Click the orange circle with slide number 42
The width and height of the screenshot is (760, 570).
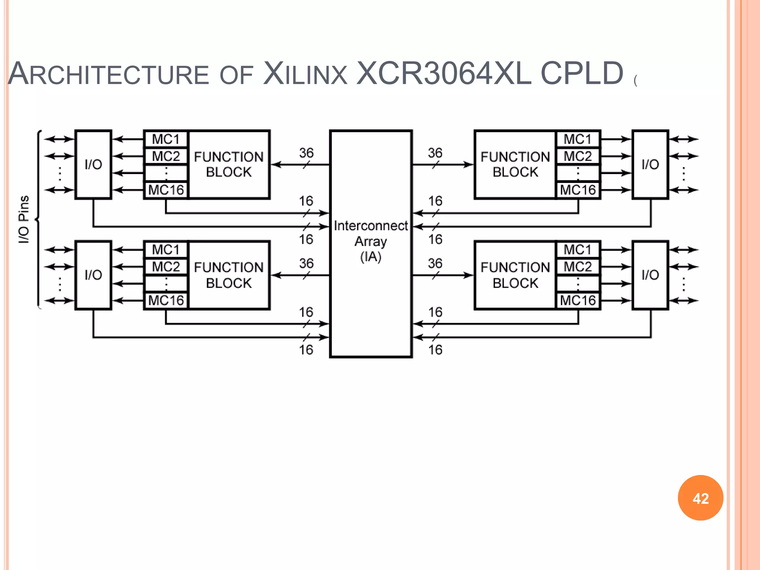[x=700, y=498]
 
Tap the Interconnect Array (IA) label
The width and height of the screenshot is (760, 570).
[x=371, y=241]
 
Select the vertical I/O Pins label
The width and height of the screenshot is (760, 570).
[x=24, y=219]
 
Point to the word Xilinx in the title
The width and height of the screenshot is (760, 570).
[x=305, y=73]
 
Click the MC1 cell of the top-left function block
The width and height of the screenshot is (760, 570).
[x=166, y=139]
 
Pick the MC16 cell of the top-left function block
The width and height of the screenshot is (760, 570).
[x=166, y=190]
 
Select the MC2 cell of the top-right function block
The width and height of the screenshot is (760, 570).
[x=577, y=156]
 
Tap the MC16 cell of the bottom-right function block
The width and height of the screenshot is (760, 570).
[x=577, y=300]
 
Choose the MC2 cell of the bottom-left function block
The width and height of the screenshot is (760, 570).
[x=166, y=267]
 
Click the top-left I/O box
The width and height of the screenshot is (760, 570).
[x=93, y=164]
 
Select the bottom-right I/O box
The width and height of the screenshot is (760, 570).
[x=650, y=275]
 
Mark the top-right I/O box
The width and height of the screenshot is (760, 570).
[x=650, y=164]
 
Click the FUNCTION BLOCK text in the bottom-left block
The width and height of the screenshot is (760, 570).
[x=229, y=275]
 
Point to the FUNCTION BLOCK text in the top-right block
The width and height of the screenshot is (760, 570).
[x=515, y=164]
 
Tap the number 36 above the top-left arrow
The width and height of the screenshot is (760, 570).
[x=307, y=153]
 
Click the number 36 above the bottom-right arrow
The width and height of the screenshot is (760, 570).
[x=435, y=263]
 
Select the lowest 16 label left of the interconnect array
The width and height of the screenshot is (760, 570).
[x=306, y=350]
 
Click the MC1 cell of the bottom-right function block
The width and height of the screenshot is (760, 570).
[x=577, y=250]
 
